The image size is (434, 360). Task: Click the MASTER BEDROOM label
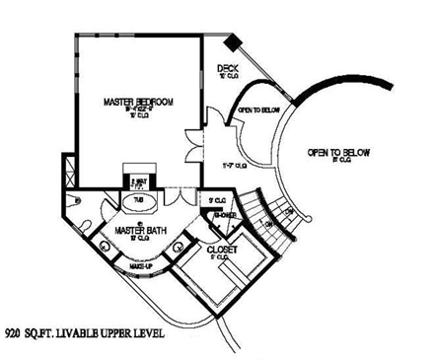tap(138, 102)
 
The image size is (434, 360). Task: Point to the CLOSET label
tap(222, 251)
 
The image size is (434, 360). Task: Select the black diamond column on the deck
tap(231, 44)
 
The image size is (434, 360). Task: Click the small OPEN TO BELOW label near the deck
tap(258, 109)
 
